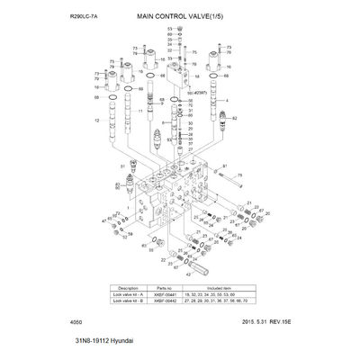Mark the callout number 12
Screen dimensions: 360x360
tap(96, 120)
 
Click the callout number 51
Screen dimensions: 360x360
tap(122, 166)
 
